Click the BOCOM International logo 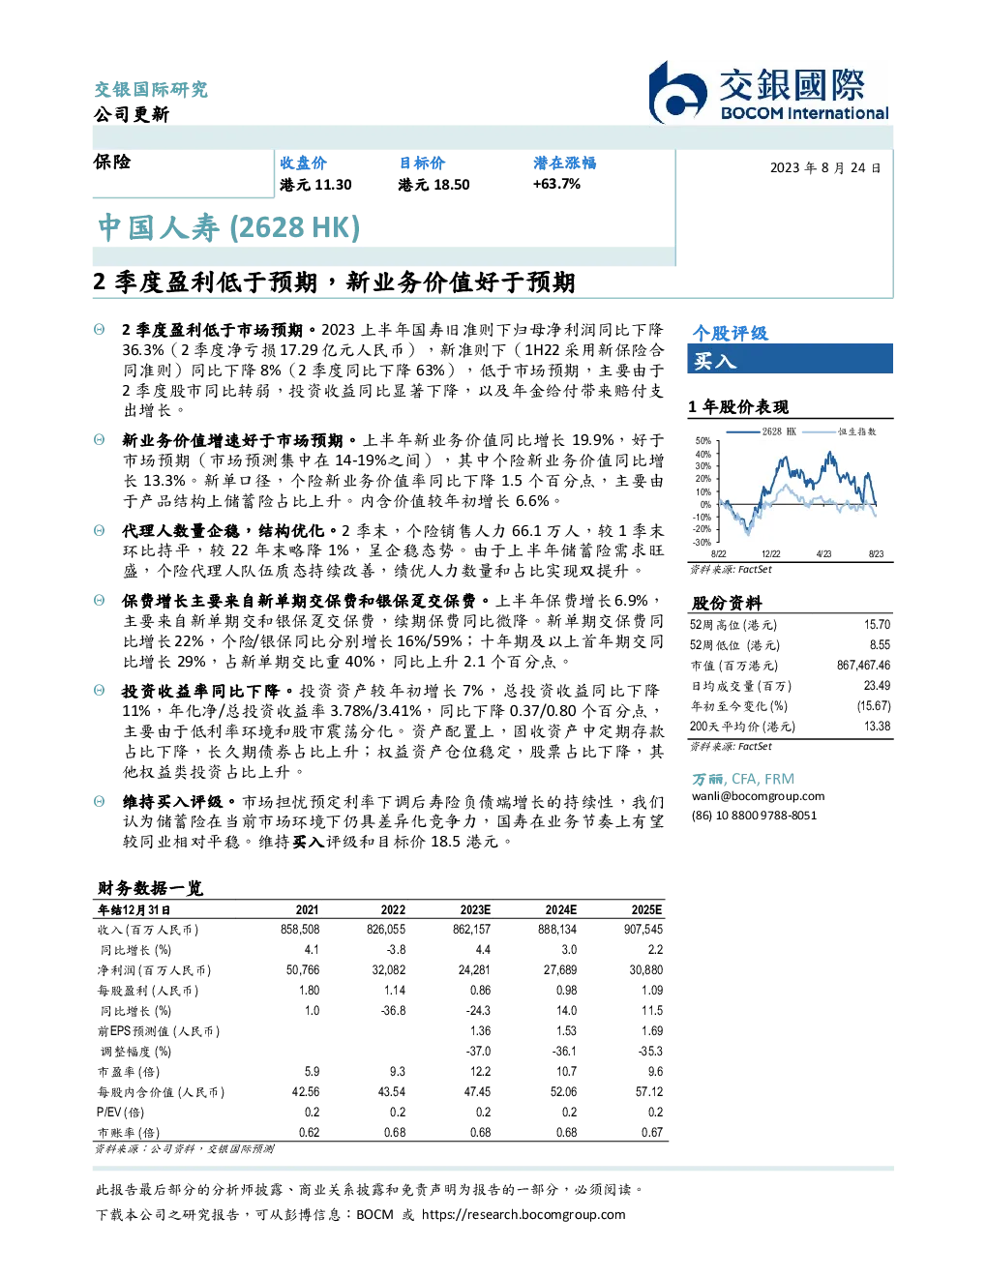coord(768,92)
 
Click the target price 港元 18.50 coord(434,185)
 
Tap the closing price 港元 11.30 coord(315,185)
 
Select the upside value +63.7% coord(556,184)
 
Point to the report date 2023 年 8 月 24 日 coord(825,168)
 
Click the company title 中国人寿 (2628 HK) coord(228,227)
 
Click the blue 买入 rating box coord(790,359)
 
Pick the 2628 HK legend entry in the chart coord(762,431)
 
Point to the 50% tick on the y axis coord(703,441)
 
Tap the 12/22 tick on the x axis coord(770,553)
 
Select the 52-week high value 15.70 coord(877,624)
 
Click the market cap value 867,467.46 coord(863,665)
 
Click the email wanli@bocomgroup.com coord(758,795)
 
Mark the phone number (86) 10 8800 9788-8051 coord(754,816)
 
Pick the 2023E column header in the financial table coord(475,909)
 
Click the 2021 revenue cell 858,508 coord(300,929)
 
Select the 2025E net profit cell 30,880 coord(646,969)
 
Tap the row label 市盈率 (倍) coord(128,1071)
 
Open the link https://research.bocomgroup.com coord(523,1214)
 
